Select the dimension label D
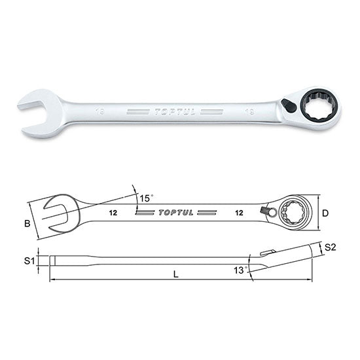(325, 213)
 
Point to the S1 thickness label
(28, 261)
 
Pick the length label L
(175, 276)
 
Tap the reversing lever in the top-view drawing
(266, 210)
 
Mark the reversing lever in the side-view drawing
(266, 253)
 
